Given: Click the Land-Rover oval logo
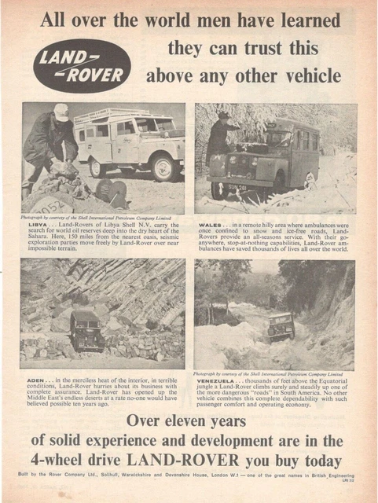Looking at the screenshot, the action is pyautogui.click(x=82, y=65).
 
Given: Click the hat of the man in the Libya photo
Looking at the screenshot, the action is pyautogui.click(x=61, y=112).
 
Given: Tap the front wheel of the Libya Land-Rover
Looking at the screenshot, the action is pyautogui.click(x=165, y=167).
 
